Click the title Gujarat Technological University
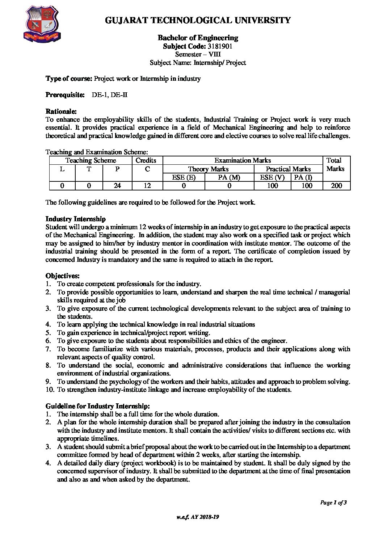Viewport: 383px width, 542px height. click(x=198, y=20)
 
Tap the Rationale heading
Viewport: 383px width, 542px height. click(x=61, y=111)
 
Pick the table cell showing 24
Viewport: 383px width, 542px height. click(x=117, y=186)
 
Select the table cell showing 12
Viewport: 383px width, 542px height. click(x=147, y=186)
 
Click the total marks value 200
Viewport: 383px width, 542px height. click(x=336, y=186)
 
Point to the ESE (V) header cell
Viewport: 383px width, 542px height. click(x=272, y=177)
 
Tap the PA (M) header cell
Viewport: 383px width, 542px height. click(x=229, y=177)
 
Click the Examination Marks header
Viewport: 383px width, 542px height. click(x=243, y=160)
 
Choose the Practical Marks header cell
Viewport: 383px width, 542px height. click(x=288, y=169)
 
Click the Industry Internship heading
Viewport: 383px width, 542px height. click(x=76, y=219)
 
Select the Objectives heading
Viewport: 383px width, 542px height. click(x=63, y=276)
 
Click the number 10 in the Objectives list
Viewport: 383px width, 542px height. click(x=50, y=390)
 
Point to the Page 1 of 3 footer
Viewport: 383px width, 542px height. click(x=333, y=502)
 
